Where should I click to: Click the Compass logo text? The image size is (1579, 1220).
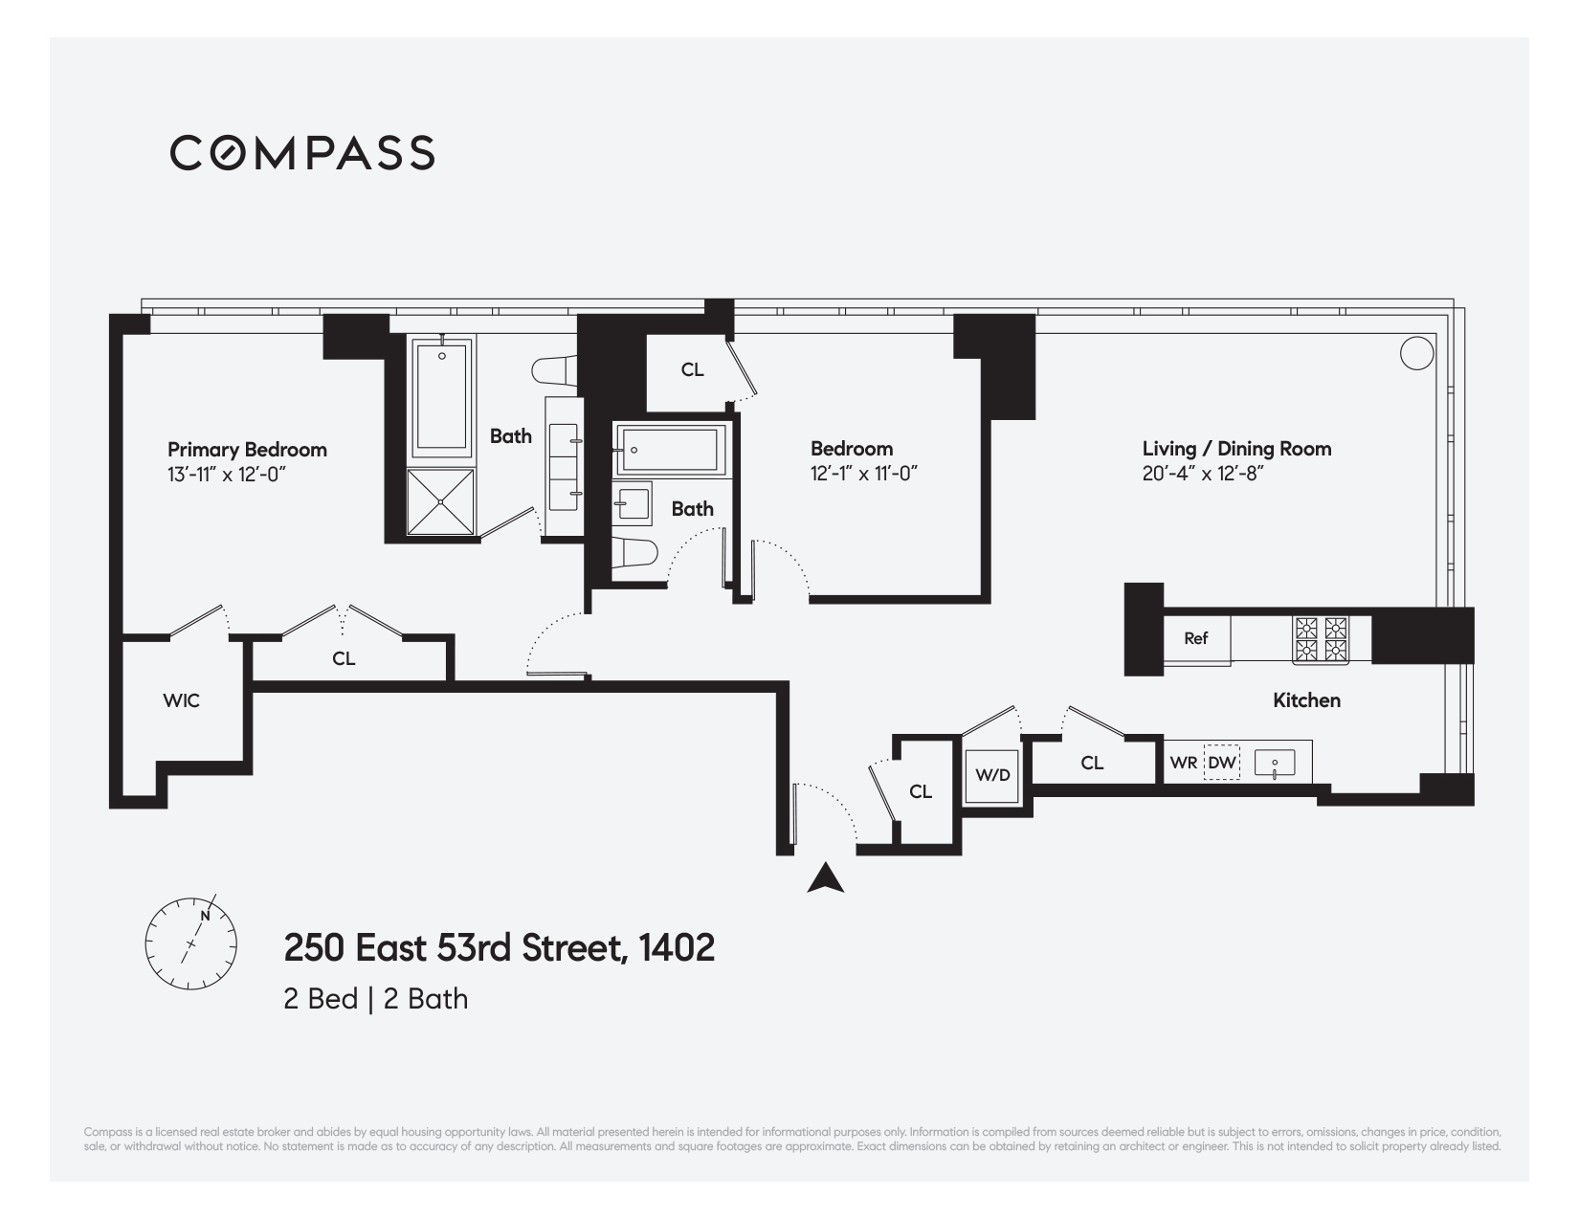coord(302,153)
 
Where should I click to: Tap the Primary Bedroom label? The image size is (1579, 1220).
coord(247,449)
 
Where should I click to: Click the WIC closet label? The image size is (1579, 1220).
coord(181,700)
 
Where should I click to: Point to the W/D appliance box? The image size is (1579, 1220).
coord(992,774)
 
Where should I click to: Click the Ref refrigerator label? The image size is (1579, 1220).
coord(1195,638)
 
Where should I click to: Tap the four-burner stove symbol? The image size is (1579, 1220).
coord(1321,640)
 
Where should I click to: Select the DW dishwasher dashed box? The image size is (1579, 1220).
coord(1221,763)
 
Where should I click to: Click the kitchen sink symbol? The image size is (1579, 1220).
coord(1275,764)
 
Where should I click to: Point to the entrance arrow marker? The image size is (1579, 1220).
coord(825,878)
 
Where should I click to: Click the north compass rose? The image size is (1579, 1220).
coord(189,943)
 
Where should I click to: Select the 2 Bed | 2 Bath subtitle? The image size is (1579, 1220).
coord(375,999)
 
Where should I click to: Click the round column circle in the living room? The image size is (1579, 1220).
coord(1416,353)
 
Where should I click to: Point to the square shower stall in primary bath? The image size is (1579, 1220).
coord(440,501)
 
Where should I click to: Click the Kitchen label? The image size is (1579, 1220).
coord(1306,700)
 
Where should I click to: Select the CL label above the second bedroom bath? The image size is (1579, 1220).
coord(692,369)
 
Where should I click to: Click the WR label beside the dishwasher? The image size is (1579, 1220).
coord(1183,763)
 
